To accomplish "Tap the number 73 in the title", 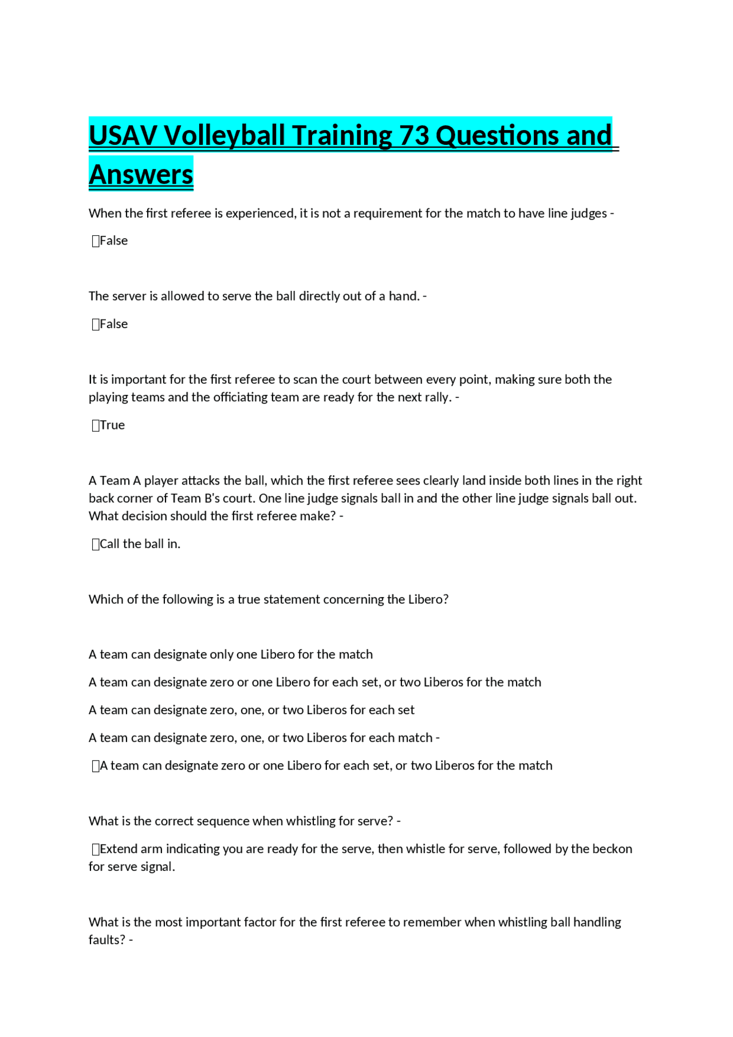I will [x=414, y=136].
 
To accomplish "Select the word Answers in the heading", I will [x=141, y=175].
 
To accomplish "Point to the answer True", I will [x=112, y=425].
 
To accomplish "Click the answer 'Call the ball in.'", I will [x=140, y=544].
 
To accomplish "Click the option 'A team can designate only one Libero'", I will [x=230, y=654].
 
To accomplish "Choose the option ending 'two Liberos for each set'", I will [x=251, y=710].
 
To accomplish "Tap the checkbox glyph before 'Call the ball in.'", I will [x=96, y=545].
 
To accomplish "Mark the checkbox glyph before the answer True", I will [x=96, y=425].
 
